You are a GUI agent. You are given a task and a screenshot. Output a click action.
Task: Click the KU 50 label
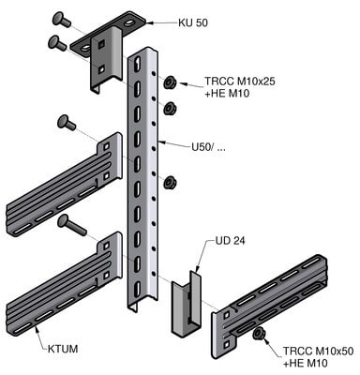193,22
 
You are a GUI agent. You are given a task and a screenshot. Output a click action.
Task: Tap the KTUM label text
63,349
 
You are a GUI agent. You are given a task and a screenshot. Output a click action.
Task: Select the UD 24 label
231,241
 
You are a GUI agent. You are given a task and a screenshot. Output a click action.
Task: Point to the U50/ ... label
208,147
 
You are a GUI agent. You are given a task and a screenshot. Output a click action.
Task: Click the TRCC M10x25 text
240,82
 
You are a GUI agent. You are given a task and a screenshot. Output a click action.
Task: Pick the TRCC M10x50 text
318,351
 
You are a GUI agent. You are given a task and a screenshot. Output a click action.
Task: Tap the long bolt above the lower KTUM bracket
71,225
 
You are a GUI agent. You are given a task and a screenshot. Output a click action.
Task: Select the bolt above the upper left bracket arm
67,122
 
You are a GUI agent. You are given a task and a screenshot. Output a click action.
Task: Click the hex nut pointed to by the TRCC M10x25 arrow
170,82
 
